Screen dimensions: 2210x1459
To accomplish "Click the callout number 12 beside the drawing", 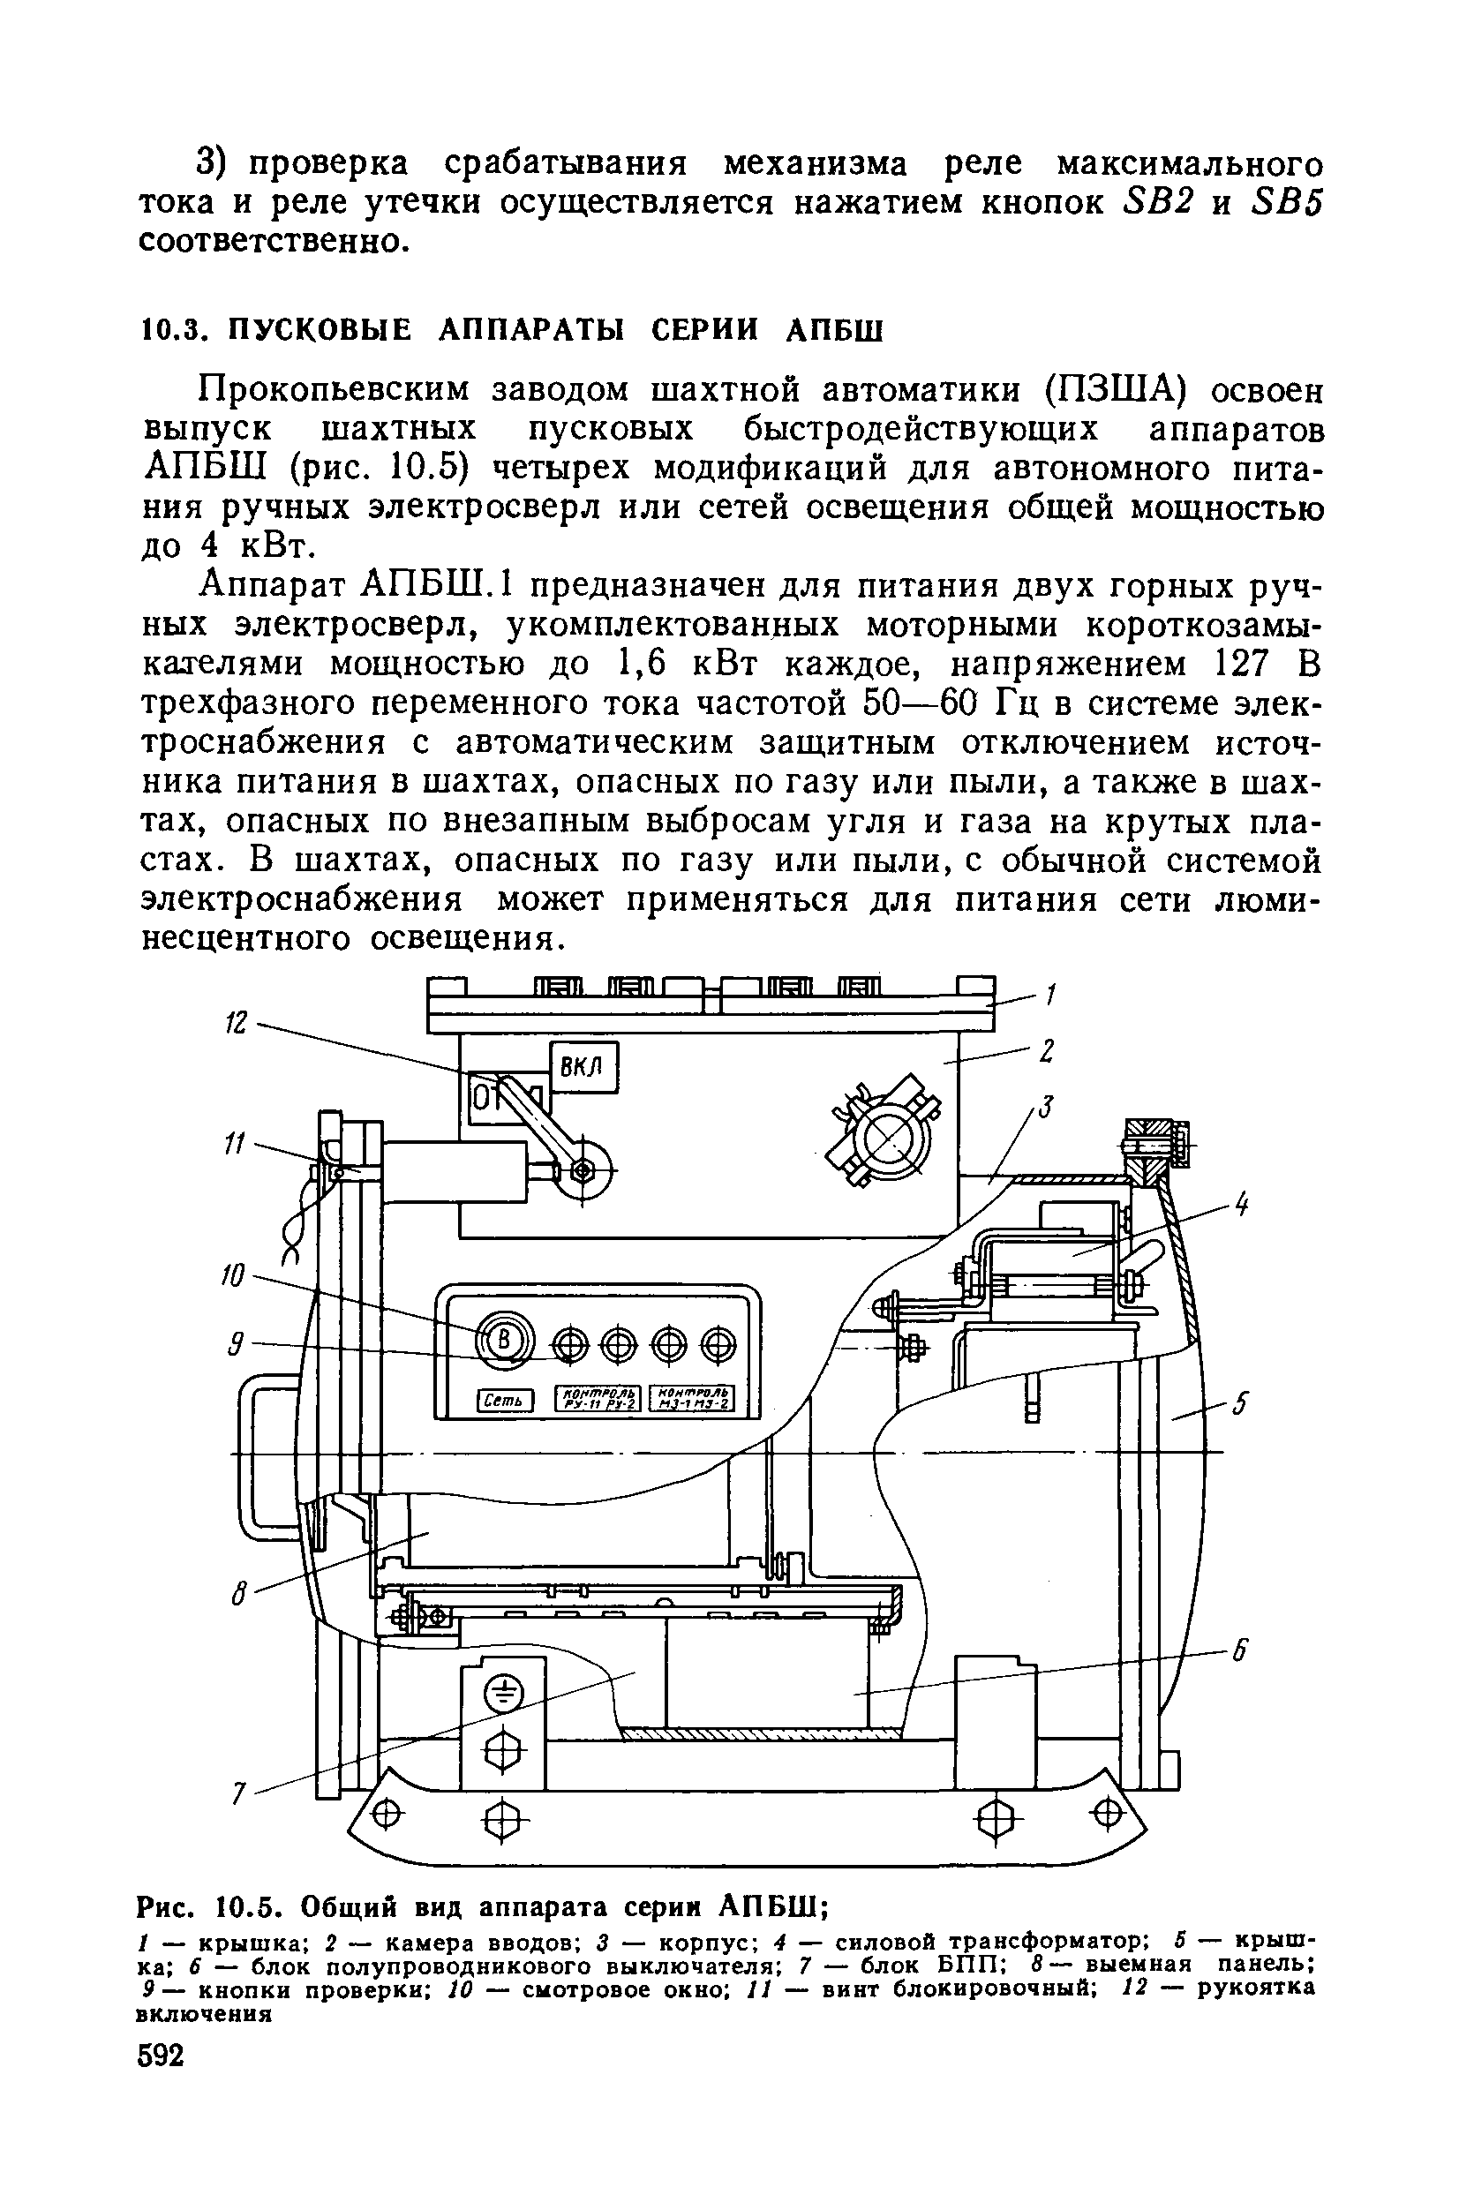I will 237,1023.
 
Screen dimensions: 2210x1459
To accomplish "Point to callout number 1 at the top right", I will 1049,995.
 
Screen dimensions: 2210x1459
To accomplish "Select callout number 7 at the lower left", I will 238,1793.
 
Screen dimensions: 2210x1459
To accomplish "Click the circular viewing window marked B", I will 506,1341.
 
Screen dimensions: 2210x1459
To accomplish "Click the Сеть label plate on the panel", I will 504,1400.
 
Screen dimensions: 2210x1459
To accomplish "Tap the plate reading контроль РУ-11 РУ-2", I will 599,1398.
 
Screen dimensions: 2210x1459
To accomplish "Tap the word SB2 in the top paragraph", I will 1154,202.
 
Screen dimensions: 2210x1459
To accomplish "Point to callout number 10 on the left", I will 234,1274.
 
